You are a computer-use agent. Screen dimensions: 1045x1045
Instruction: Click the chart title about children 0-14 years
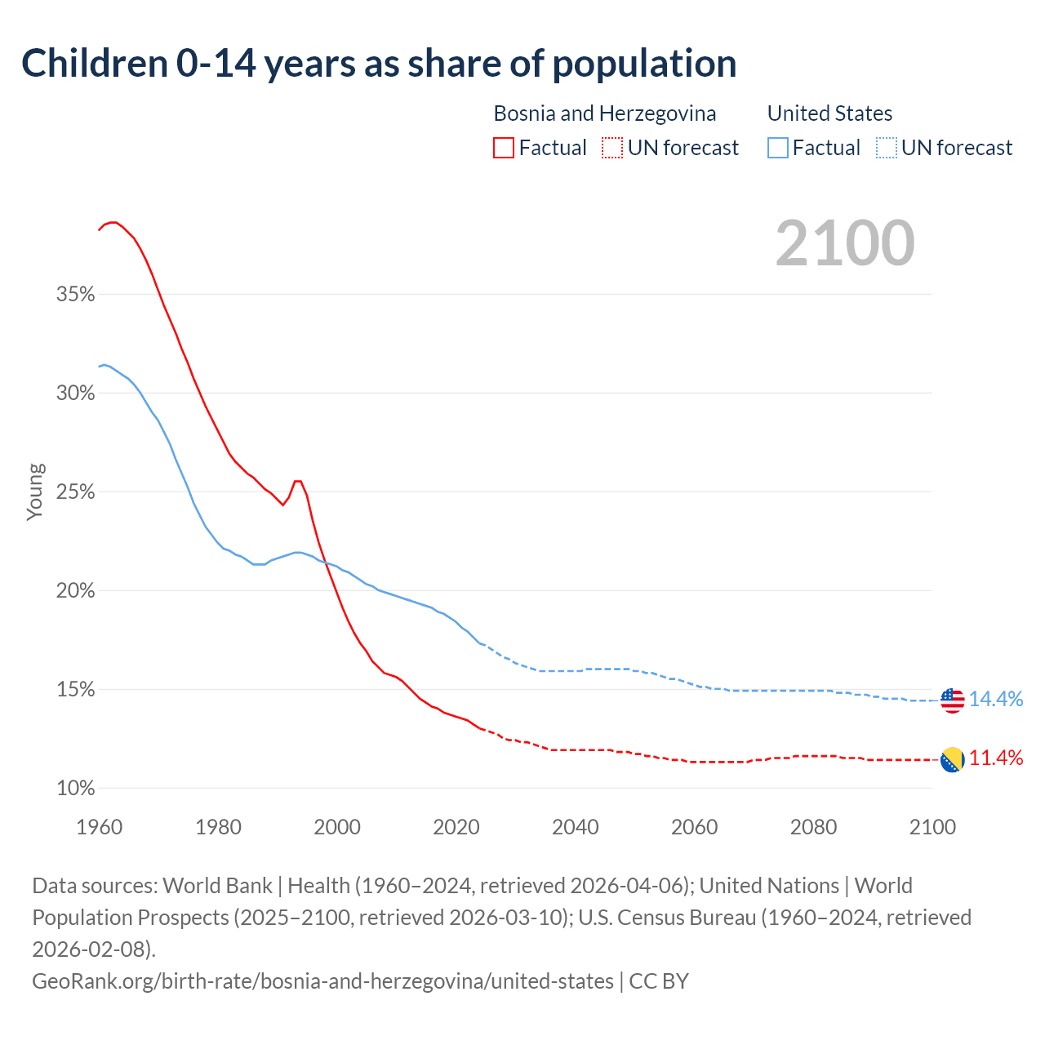[x=379, y=64]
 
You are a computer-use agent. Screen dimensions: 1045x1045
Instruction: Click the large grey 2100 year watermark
[x=845, y=243]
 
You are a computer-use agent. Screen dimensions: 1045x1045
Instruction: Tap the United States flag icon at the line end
[x=952, y=700]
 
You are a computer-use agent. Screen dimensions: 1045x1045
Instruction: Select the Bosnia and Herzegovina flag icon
[x=952, y=759]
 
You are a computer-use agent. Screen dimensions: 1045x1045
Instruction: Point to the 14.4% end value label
[x=996, y=699]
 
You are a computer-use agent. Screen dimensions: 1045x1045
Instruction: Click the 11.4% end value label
[x=996, y=758]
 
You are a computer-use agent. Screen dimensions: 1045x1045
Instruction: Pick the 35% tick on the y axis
[x=76, y=294]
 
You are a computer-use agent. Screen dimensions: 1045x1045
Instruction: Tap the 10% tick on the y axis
[x=76, y=789]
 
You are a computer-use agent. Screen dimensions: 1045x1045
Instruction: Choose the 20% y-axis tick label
[x=76, y=591]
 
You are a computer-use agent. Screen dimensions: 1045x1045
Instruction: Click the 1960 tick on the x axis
[x=100, y=827]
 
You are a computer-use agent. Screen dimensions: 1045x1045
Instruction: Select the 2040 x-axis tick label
[x=576, y=827]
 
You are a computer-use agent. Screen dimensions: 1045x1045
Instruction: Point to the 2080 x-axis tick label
[x=813, y=827]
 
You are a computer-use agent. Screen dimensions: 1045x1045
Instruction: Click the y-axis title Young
[x=35, y=491]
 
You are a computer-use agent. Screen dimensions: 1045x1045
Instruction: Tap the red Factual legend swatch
[x=504, y=148]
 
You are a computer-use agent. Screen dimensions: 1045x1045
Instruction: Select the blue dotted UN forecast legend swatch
[x=887, y=148]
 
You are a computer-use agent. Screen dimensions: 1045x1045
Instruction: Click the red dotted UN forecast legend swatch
[x=612, y=148]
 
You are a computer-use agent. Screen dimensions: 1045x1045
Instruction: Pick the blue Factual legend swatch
[x=778, y=148]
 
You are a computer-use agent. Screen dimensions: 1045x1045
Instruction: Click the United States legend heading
[x=829, y=113]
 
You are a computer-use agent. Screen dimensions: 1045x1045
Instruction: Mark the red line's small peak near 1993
[x=298, y=481]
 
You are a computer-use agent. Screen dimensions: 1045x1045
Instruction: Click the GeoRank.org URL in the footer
[x=322, y=981]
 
